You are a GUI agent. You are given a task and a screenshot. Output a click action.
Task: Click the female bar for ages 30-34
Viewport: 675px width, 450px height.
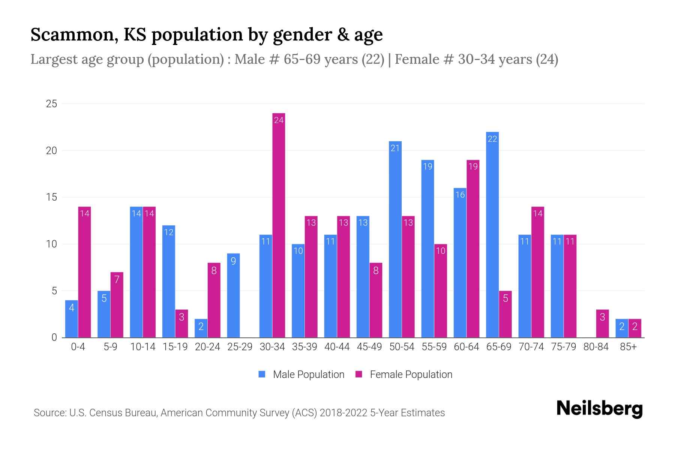[279, 225]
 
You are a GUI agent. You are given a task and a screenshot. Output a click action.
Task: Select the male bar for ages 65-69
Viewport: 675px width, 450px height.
[492, 235]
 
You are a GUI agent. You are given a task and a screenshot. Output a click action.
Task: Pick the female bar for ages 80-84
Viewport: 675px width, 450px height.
[602, 323]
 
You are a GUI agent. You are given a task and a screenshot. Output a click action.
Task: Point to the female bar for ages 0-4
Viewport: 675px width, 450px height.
[84, 272]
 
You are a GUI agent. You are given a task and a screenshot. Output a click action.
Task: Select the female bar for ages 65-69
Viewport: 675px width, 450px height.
[505, 314]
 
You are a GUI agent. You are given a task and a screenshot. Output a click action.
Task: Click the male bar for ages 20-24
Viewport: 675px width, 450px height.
[201, 328]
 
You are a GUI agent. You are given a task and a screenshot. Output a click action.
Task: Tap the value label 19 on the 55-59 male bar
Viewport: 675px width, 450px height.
[427, 166]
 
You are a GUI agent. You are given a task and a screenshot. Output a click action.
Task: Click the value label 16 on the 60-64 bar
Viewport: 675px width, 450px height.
[460, 195]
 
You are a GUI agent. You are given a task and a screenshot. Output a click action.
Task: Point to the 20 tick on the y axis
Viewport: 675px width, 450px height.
[51, 151]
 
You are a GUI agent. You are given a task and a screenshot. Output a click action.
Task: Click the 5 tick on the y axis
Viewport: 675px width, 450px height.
[54, 291]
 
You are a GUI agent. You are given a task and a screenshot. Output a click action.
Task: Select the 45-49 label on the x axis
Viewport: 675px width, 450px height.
[369, 347]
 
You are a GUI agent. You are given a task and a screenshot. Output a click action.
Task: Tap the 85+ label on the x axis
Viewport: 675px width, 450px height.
[628, 347]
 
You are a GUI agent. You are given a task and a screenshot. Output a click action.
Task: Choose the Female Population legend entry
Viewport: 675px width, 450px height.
[404, 374]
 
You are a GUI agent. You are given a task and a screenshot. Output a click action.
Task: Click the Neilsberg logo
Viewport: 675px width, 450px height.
[599, 409]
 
